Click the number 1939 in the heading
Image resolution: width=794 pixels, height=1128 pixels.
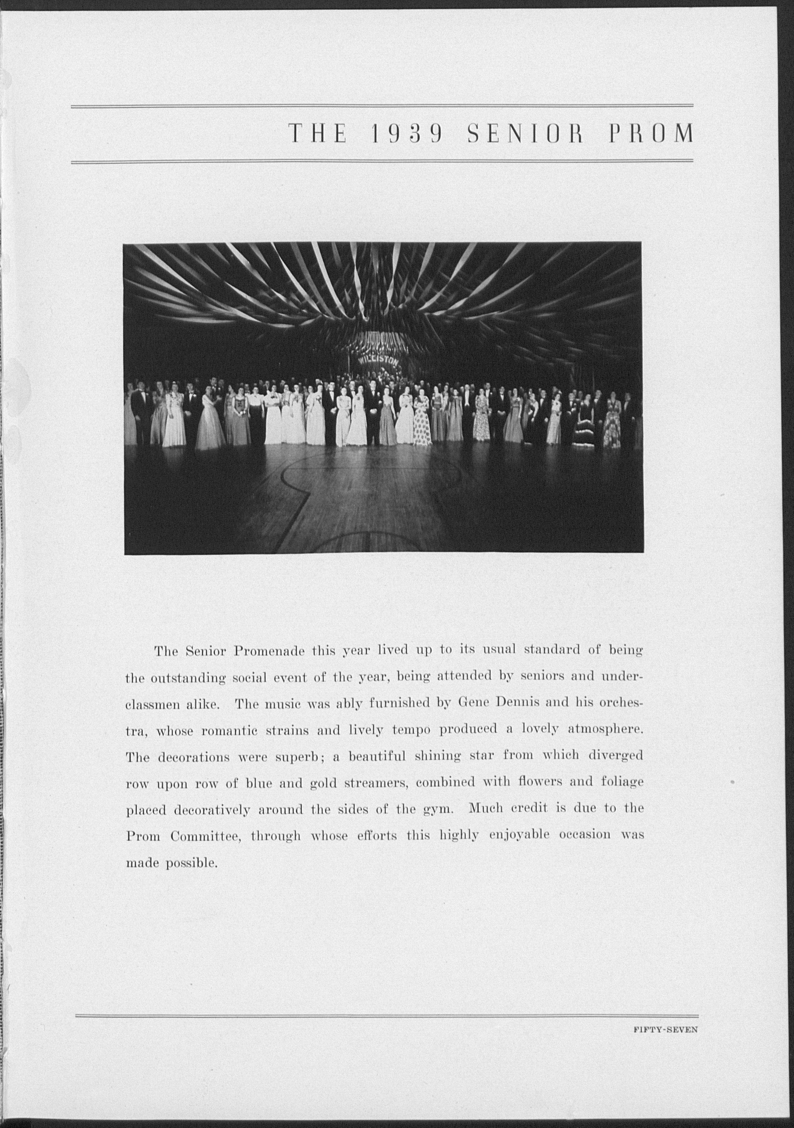click(408, 133)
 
